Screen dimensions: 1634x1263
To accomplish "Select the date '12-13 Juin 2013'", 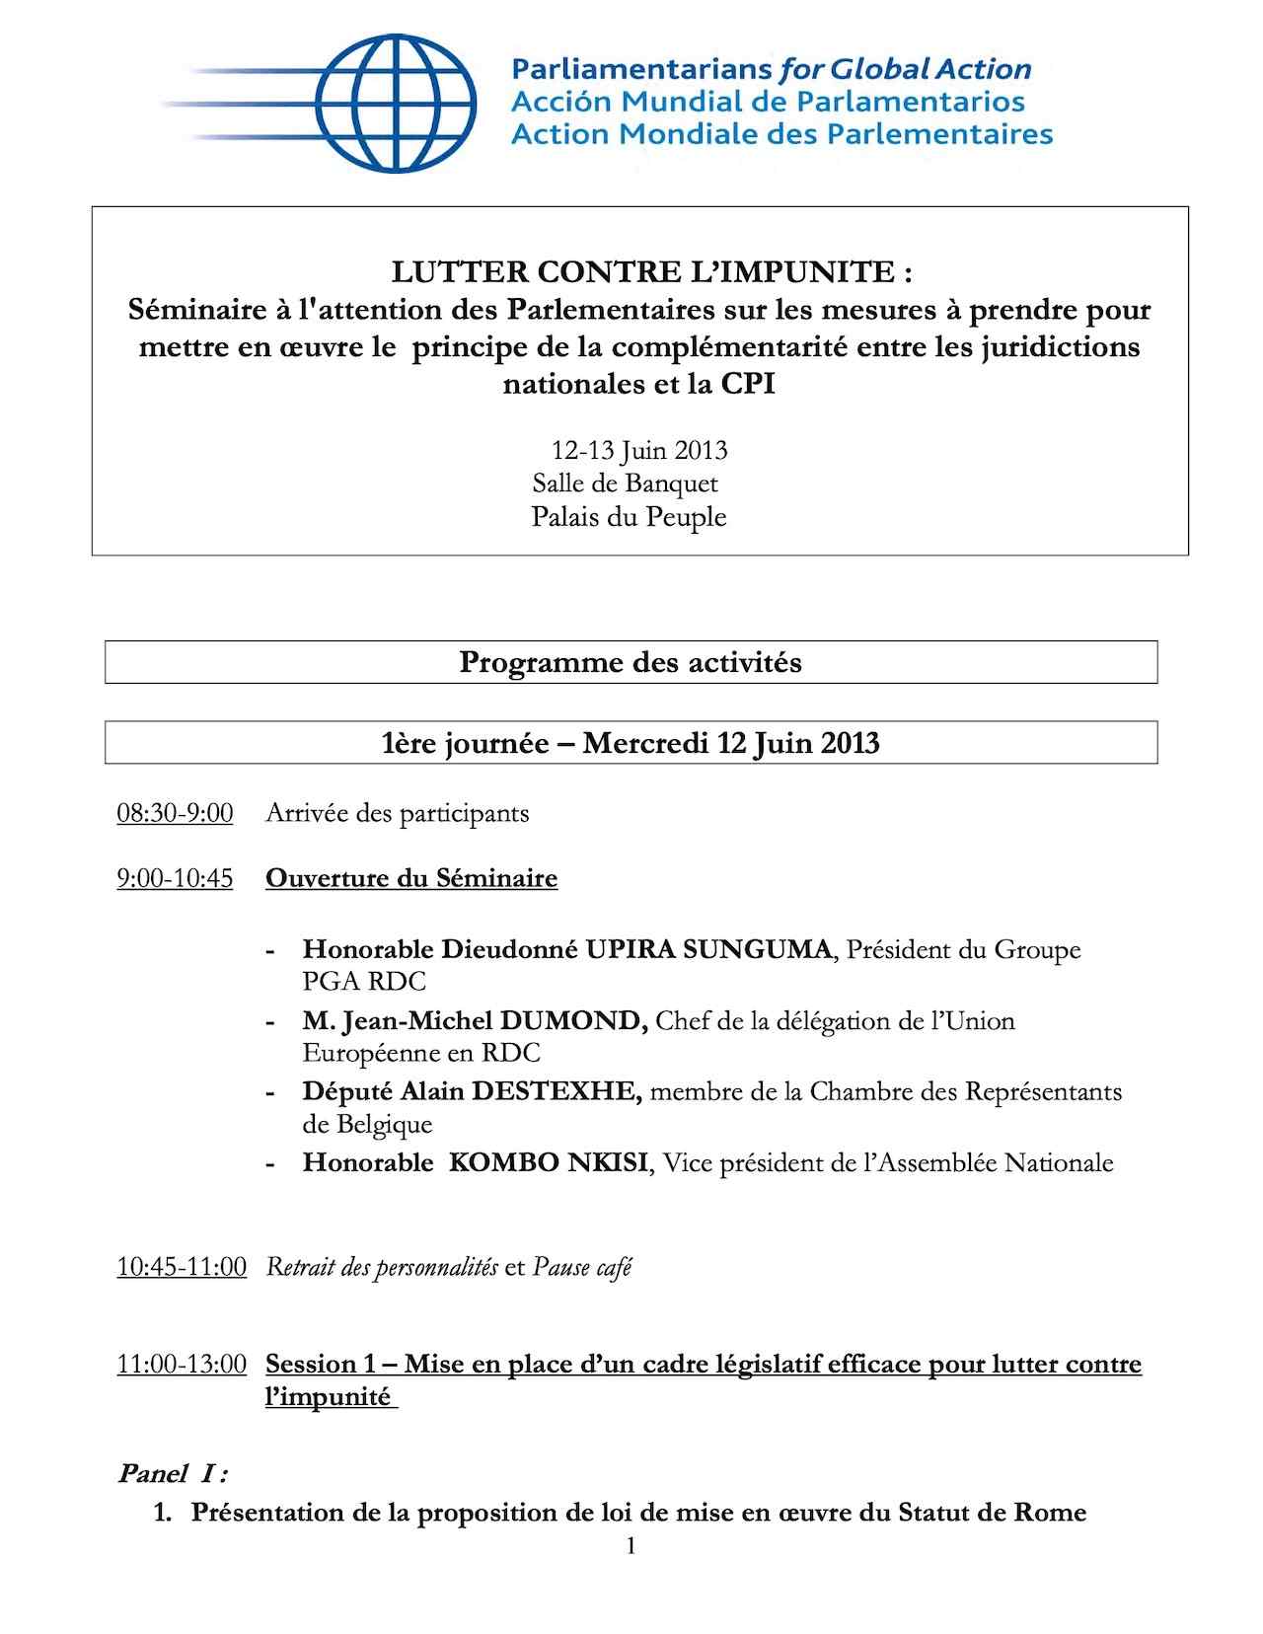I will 639,451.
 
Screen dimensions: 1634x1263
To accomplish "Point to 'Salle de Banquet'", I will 626,483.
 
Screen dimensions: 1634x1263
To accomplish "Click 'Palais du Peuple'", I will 629,517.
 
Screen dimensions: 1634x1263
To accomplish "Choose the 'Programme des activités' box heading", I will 631,662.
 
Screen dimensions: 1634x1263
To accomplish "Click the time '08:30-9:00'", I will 175,814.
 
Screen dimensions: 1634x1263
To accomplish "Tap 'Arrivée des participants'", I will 397,814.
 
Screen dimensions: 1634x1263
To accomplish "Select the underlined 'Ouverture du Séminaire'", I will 411,878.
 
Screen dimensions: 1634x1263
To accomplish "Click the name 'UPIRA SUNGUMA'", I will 708,949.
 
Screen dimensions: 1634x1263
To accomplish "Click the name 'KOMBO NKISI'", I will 549,1162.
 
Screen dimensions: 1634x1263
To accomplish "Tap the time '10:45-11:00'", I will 182,1267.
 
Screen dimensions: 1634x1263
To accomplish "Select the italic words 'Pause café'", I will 582,1267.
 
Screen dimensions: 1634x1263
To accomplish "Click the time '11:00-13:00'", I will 182,1365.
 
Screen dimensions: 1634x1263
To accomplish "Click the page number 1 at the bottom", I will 631,1546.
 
